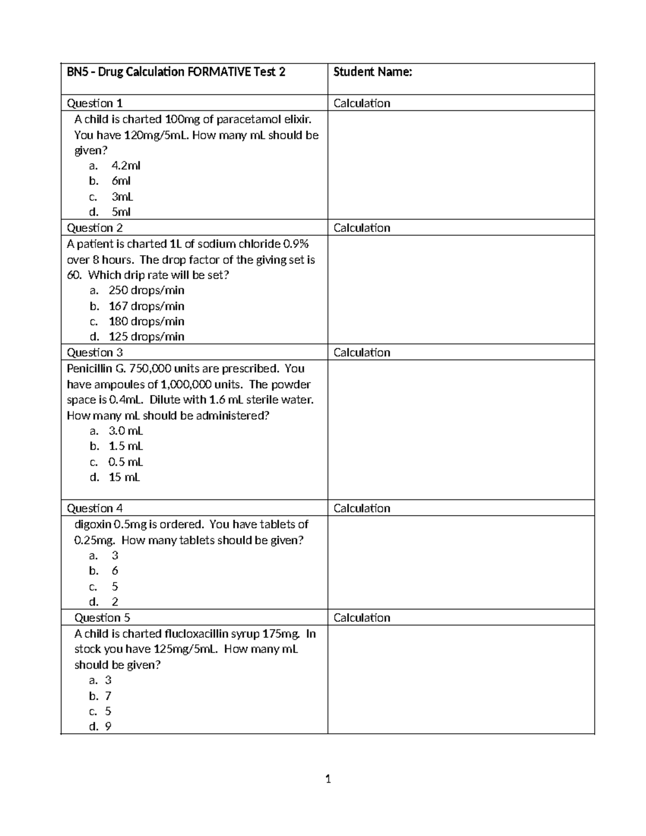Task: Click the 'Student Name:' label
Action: point(373,72)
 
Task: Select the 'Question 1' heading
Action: point(94,103)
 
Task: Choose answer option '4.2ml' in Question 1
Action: point(125,166)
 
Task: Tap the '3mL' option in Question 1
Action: point(122,196)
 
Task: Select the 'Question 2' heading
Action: point(94,228)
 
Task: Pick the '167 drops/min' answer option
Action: point(146,306)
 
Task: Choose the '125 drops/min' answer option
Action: point(146,337)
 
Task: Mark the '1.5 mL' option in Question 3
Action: point(125,446)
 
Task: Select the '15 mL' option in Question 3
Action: point(124,477)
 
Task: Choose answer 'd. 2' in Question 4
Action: point(115,602)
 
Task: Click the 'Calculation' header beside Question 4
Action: point(362,509)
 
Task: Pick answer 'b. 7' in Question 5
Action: point(108,696)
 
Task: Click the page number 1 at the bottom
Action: point(328,779)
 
